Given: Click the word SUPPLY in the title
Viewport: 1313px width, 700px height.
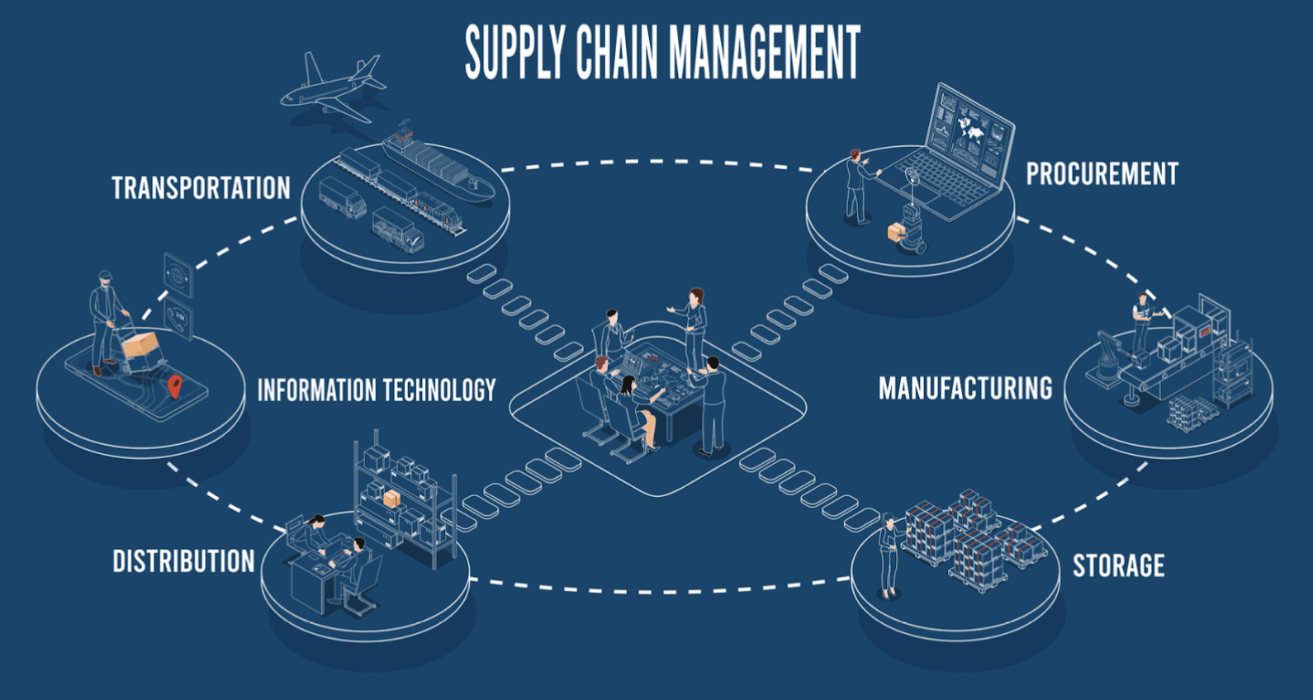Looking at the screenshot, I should coord(514,52).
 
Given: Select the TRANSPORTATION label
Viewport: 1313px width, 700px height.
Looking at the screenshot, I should coord(201,188).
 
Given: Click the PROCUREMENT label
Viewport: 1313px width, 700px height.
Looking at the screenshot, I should coord(1102,174).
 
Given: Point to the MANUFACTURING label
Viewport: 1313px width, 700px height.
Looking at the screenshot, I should coord(965,388).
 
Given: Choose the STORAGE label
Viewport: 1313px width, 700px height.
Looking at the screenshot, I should coord(1118,565).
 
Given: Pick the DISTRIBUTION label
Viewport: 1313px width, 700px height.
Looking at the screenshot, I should coord(183,561).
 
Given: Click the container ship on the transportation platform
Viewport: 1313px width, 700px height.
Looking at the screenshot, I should coord(438,165).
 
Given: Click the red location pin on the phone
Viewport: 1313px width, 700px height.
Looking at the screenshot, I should coord(173,385).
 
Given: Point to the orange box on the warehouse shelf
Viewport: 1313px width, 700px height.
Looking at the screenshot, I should coord(391,499).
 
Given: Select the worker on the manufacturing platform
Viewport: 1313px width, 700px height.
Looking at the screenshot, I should coord(1142,322).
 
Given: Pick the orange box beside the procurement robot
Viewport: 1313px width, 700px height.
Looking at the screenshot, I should coord(897,233).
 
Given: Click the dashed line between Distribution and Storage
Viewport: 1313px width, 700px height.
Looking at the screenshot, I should coord(661,589).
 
